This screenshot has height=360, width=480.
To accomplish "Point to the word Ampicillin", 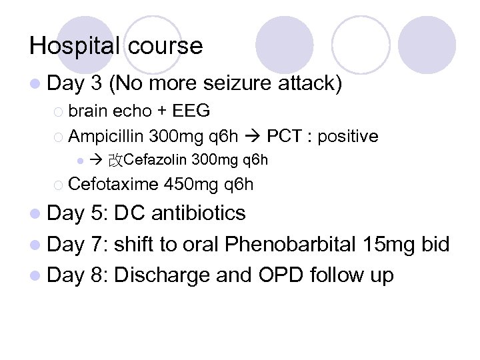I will pos(106,137).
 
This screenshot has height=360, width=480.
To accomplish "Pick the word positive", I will pos(348,137).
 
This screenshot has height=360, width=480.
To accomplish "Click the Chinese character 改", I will pos(115,160).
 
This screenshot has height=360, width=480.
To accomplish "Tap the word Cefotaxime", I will pos(113,184).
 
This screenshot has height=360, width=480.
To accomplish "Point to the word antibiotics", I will pos(199,213).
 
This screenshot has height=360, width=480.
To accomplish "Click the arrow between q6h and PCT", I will pos(254,137).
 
